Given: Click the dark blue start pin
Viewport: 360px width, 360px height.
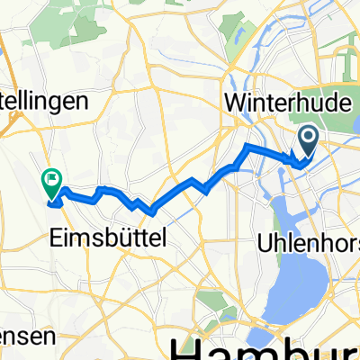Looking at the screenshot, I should [x=308, y=140].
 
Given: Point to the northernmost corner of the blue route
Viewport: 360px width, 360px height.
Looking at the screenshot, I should [x=247, y=145].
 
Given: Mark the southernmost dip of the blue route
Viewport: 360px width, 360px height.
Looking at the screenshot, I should [x=152, y=213].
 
